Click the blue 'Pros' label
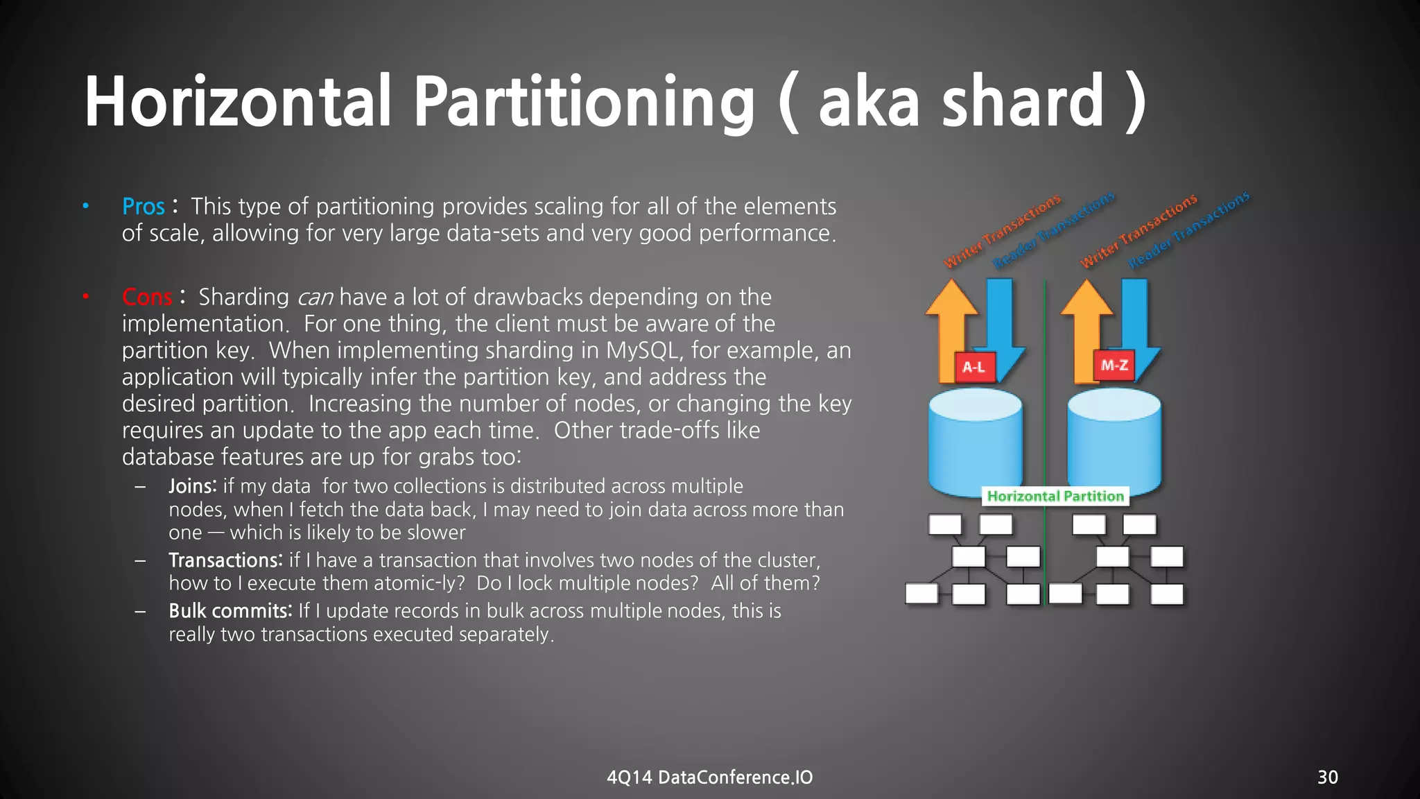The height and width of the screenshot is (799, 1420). (144, 207)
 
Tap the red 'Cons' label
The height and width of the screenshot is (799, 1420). (147, 298)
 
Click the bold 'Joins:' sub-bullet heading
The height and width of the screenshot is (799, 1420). (193, 486)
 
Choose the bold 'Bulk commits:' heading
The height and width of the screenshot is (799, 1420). (230, 611)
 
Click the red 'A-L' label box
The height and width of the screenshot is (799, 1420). (974, 367)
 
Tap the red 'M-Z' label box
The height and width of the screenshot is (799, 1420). (1114, 365)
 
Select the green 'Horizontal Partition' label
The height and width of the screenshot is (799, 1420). (1055, 496)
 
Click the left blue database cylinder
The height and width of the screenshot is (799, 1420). (974, 444)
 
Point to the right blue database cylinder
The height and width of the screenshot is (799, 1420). (1114, 444)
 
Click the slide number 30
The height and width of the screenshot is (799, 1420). (1327, 777)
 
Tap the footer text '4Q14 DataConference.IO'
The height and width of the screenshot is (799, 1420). (709, 777)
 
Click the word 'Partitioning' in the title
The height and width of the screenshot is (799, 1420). (584, 103)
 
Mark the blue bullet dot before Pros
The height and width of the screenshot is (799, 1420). (86, 205)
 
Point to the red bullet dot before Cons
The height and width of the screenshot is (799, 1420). (86, 297)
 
